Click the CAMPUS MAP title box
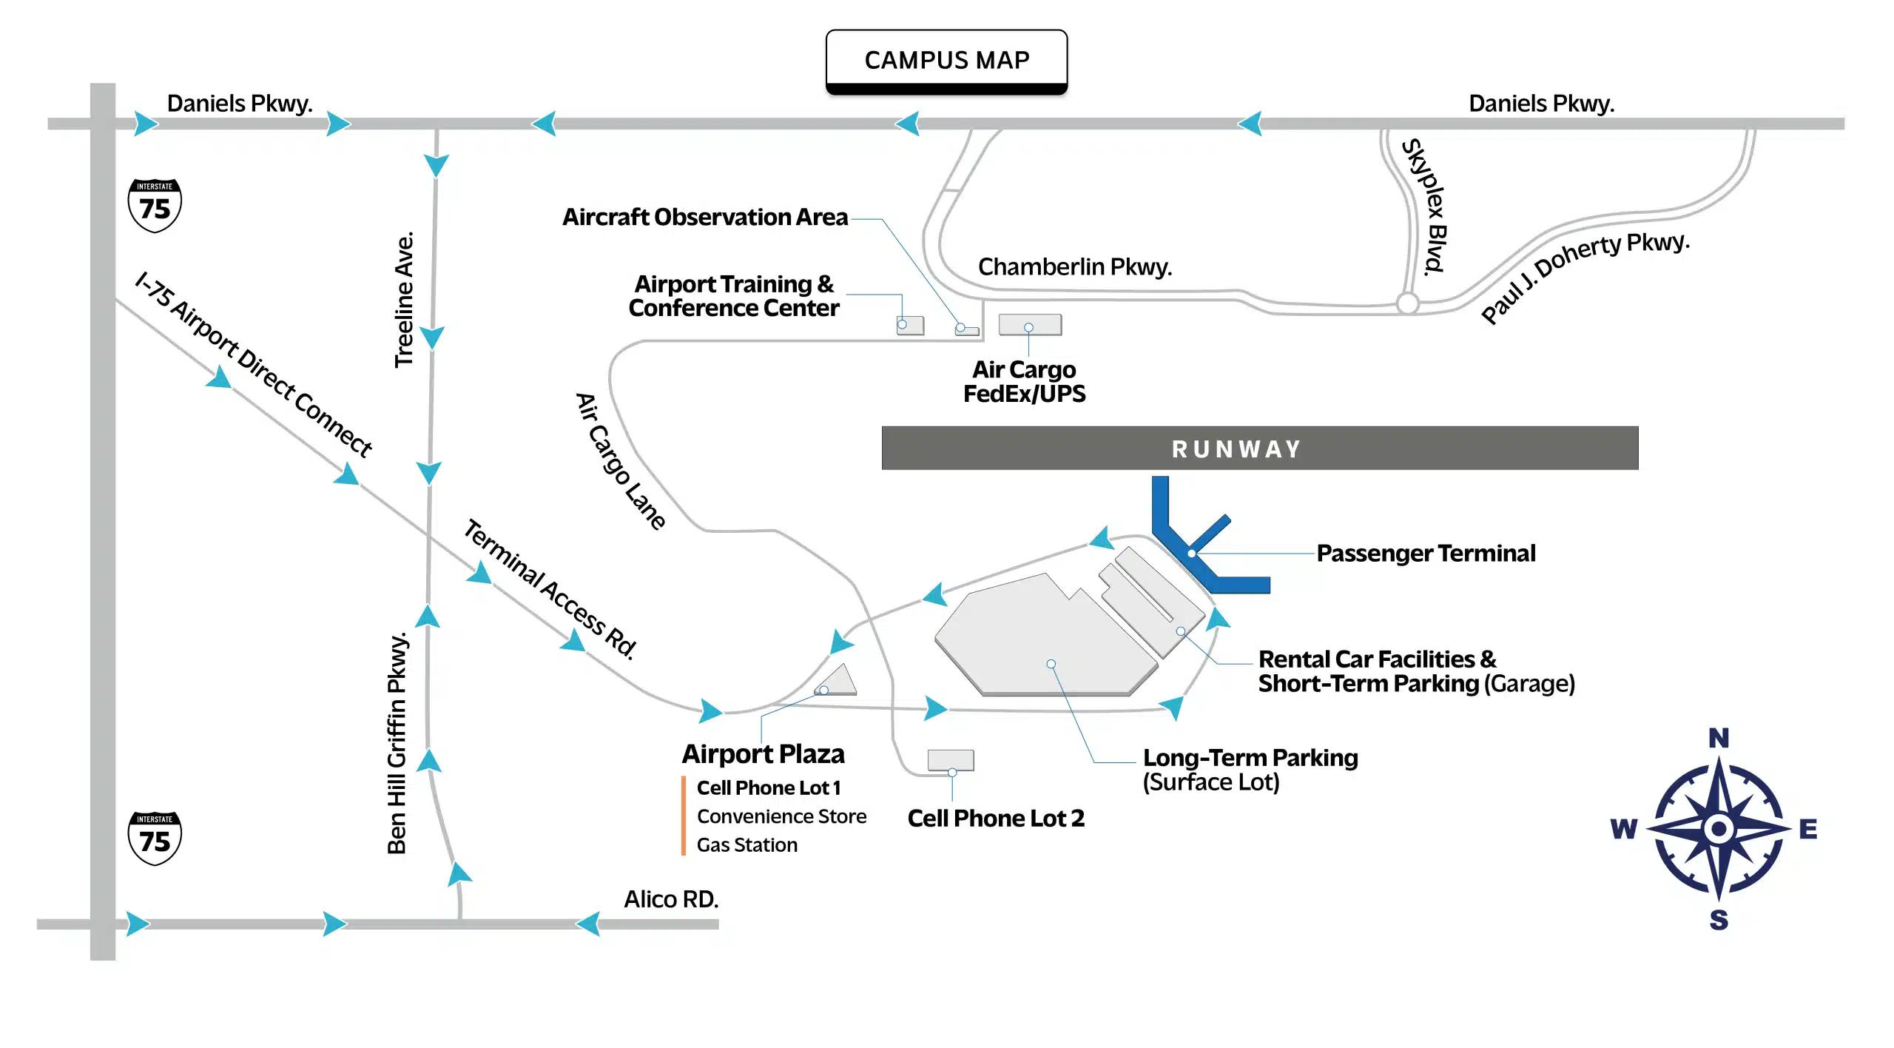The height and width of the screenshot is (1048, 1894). pos(946,60)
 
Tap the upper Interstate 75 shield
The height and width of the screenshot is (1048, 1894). pos(155,206)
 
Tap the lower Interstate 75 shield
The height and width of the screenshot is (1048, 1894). pos(155,838)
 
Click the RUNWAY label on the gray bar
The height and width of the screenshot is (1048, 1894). pos(1236,449)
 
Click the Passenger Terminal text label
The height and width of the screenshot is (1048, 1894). pos(1426,554)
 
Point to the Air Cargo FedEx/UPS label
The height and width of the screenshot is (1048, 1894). pos(1024,381)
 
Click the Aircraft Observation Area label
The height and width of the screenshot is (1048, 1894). pos(704,217)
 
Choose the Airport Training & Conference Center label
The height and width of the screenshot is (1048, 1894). pos(734,296)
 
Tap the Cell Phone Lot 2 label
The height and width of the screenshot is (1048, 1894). pos(996,819)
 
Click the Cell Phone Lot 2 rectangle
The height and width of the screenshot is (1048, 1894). pos(951,760)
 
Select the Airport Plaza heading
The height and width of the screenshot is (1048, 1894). pos(763,754)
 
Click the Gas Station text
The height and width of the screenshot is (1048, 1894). pos(747,845)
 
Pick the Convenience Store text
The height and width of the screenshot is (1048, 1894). pos(781,816)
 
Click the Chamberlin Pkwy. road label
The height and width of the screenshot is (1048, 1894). pos(1075,266)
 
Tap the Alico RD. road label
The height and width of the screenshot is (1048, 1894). pos(671,899)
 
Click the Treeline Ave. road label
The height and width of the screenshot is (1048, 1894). pos(404,300)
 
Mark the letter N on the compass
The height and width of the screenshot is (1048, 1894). pos(1719,738)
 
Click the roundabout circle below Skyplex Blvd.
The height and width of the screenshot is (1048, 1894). pos(1407,303)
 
